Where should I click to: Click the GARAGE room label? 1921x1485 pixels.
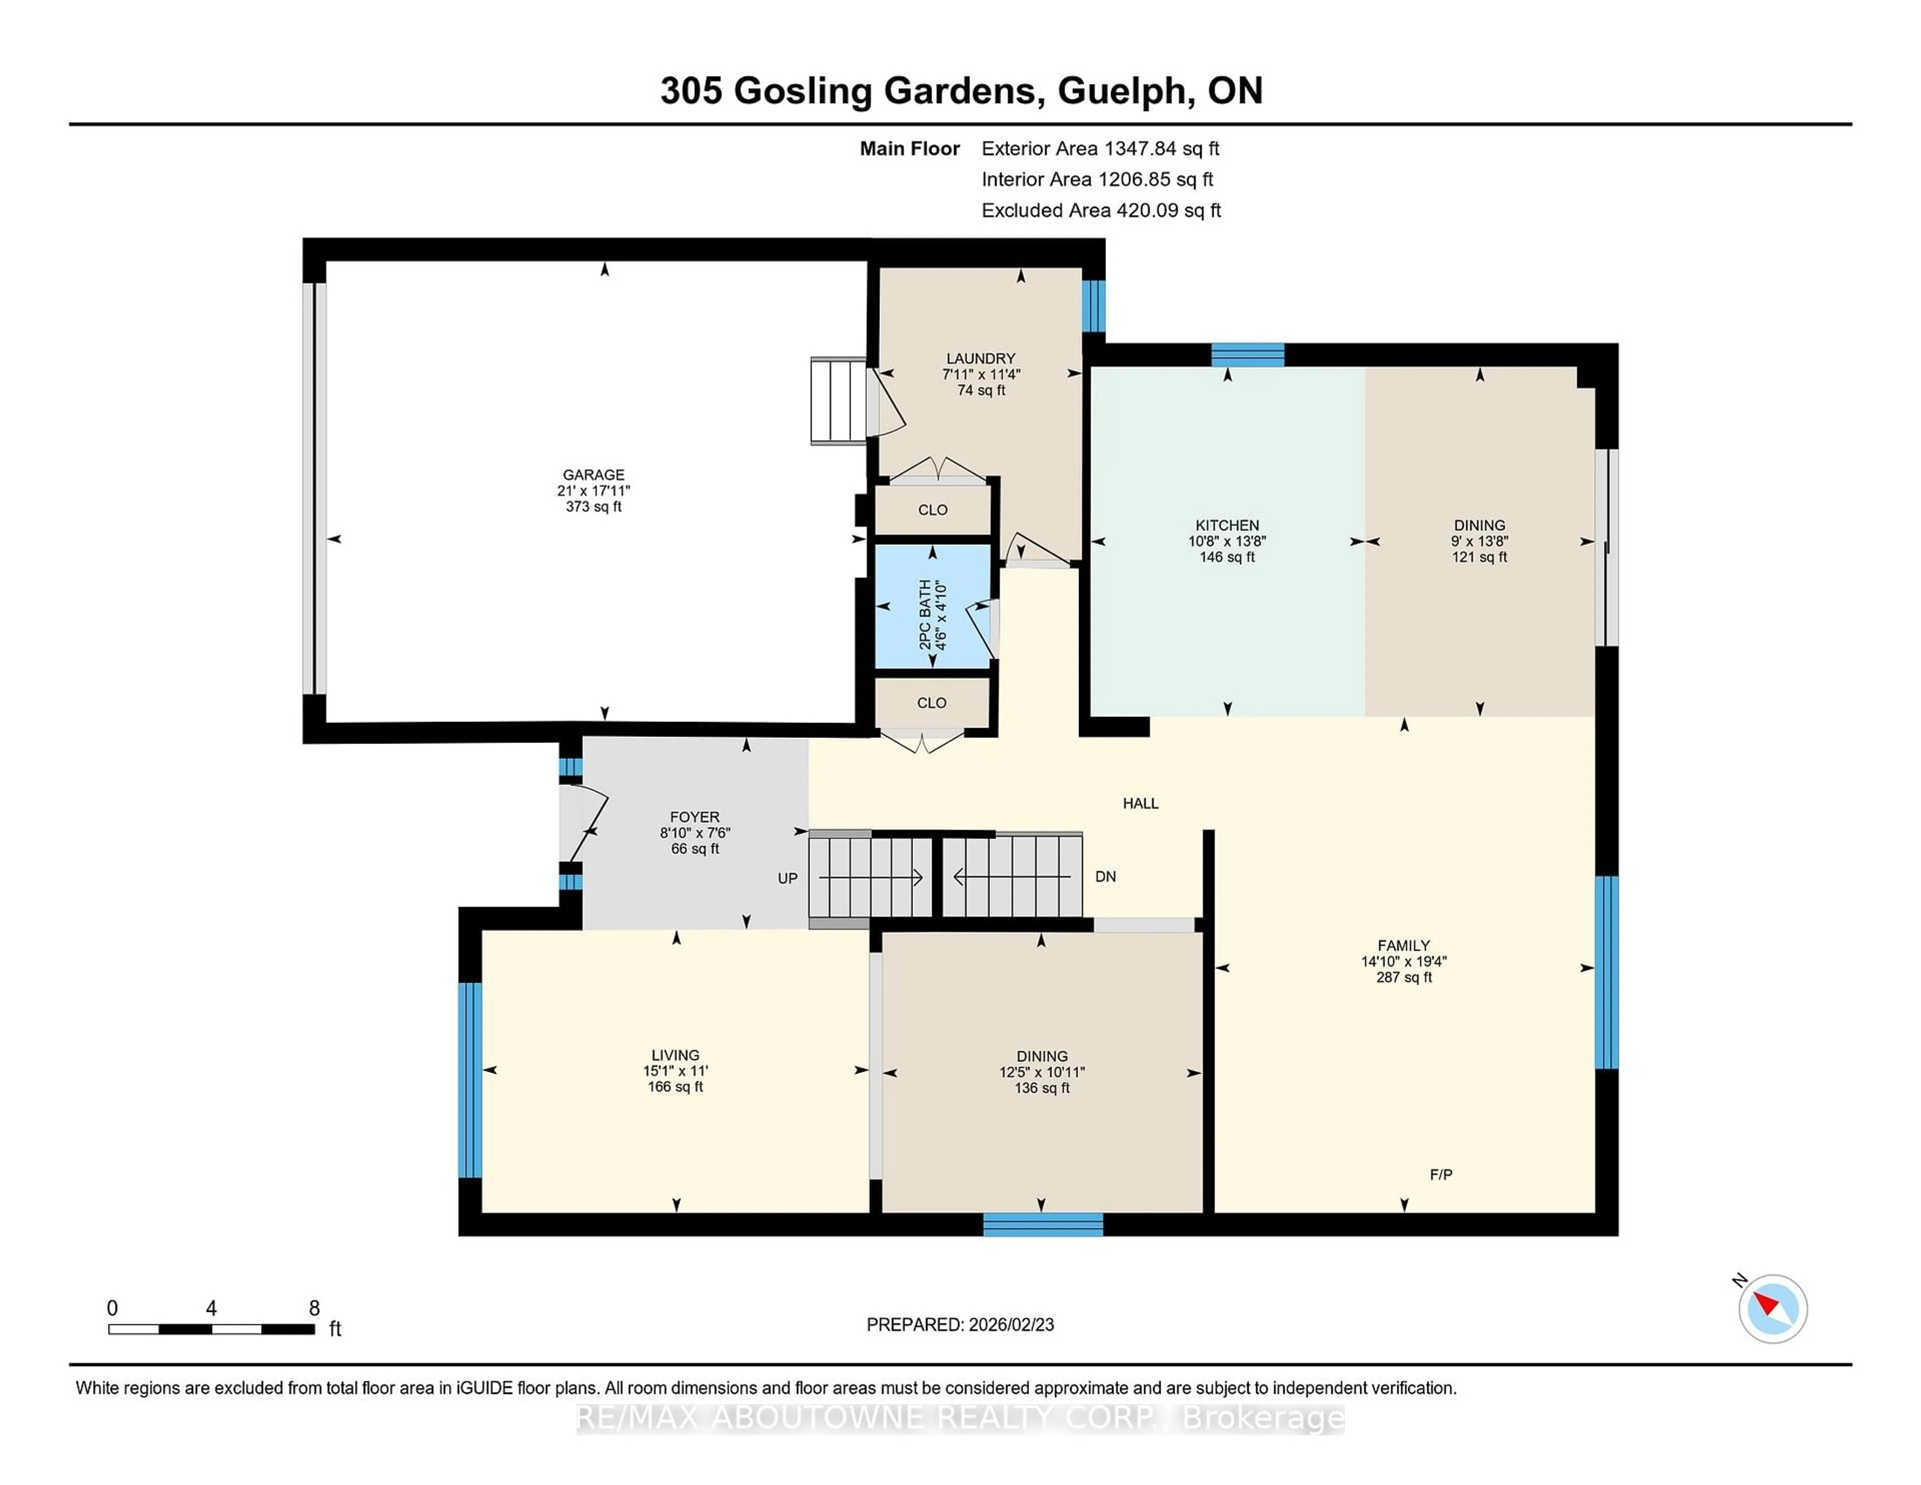pos(594,474)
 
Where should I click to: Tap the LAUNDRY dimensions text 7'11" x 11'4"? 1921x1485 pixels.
pos(981,374)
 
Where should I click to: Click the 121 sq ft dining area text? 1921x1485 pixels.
pos(1479,557)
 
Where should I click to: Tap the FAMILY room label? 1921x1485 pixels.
pos(1404,945)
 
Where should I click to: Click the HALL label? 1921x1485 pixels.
pos(1140,803)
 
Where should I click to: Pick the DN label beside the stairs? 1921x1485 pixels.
pos(1106,876)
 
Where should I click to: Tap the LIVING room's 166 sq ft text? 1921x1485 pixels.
pos(675,1086)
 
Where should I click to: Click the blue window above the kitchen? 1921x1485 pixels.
pos(1247,355)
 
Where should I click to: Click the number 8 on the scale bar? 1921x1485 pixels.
pos(314,1308)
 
